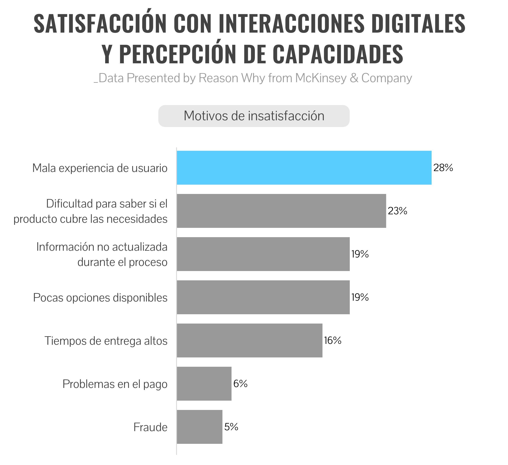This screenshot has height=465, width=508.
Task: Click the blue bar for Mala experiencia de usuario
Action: click(x=304, y=168)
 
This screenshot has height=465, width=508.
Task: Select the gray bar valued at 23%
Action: click(x=282, y=211)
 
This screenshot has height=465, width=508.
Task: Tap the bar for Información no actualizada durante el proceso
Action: click(x=263, y=254)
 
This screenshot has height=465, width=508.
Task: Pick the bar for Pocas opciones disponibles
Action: click(x=263, y=297)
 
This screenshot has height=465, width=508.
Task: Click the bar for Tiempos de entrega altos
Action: click(x=250, y=340)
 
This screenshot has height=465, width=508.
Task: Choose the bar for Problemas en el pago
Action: click(x=204, y=384)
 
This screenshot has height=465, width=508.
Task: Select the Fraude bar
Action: click(x=200, y=427)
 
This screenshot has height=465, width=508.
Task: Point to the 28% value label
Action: click(x=443, y=168)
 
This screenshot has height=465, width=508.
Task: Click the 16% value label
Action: click(x=333, y=340)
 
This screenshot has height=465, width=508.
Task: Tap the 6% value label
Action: click(x=240, y=384)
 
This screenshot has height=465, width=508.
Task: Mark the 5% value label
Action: click(x=231, y=427)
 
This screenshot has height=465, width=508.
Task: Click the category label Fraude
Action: click(x=150, y=427)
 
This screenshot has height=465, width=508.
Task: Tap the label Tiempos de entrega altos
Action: click(x=106, y=341)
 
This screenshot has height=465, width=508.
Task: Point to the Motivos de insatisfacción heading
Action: click(x=254, y=116)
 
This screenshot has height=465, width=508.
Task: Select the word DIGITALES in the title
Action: click(x=418, y=23)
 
